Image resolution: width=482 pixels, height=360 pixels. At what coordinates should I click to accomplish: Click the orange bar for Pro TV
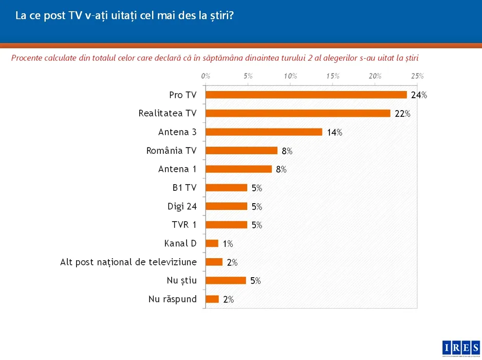coord(306,95)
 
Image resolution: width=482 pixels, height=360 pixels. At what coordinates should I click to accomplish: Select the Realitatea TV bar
coord(298,113)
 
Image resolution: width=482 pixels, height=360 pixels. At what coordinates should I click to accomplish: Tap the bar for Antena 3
coord(264,132)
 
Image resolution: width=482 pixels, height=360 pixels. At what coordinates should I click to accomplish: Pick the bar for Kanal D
coord(212,243)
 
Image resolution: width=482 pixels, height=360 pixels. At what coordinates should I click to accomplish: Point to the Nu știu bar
coord(226,280)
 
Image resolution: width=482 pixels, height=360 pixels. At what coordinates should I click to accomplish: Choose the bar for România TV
coord(241,151)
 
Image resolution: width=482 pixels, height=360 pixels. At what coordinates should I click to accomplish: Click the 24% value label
coord(419,95)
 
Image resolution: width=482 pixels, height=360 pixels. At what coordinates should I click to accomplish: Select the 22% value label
coord(402,114)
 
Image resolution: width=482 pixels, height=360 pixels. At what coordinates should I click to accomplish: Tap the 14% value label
coord(335,133)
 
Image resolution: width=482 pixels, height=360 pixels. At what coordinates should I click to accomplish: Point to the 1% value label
coord(228,244)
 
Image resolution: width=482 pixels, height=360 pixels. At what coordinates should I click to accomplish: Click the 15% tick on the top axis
coord(332,76)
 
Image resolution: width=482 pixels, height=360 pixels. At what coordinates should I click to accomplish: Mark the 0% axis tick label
coord(206,76)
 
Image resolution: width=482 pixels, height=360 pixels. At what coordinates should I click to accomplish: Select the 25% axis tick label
coord(417,76)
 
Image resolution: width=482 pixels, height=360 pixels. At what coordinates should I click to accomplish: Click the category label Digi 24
coord(182,206)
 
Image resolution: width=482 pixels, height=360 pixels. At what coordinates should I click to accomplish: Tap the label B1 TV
coord(184,188)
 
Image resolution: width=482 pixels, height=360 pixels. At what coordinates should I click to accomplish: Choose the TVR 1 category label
coord(184,225)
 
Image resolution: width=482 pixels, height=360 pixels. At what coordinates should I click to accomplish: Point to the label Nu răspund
coord(173,299)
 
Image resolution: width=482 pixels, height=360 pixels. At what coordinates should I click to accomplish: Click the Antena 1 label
coord(177,169)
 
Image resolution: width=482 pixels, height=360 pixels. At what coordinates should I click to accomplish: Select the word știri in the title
coord(221,15)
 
